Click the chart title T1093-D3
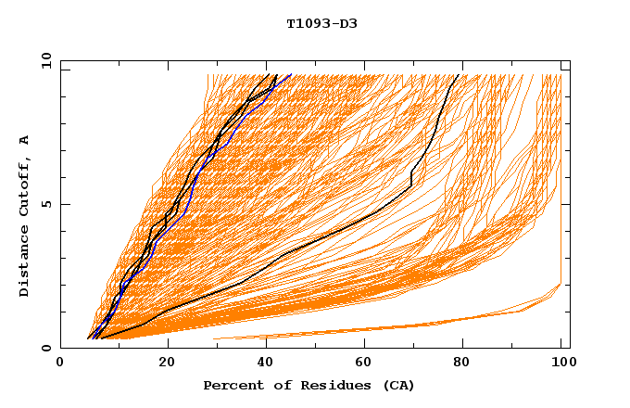pos(321,23)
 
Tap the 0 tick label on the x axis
pos(60,363)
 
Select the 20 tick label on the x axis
pos(161,363)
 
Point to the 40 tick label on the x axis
pos(261,363)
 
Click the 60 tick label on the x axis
pos(361,363)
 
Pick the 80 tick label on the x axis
pos(461,363)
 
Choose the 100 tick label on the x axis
pos(561,363)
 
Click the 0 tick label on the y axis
pos(45,349)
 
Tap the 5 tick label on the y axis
pos(45,204)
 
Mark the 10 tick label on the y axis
pos(43,59)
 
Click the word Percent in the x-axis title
pos(232,386)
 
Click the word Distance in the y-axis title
pos(24,262)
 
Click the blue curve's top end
pos(291,74)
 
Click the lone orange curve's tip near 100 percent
pos(561,285)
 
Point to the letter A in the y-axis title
pos(24,140)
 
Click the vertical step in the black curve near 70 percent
pos(410,177)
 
